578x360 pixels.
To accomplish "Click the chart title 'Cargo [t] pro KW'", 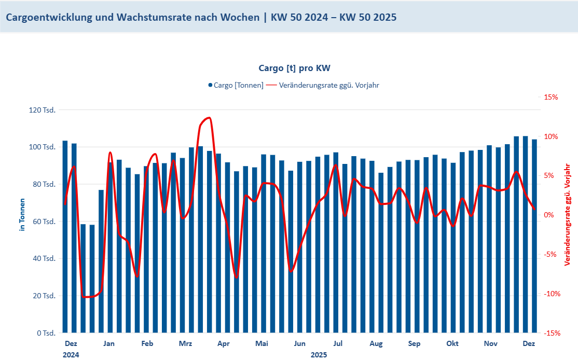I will pyautogui.click(x=295, y=68).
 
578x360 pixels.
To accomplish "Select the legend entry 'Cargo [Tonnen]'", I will pyautogui.click(x=238, y=85).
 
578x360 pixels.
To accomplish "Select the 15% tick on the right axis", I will pyautogui.click(x=551, y=97).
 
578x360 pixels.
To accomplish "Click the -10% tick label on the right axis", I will pyautogui.click(x=552, y=294).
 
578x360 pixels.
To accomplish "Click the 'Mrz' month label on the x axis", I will pyautogui.click(x=185, y=343).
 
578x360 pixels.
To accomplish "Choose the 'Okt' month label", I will pyautogui.click(x=452, y=343).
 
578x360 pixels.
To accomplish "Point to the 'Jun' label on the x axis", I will pyautogui.click(x=299, y=343).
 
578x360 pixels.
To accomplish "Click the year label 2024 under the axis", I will pyautogui.click(x=71, y=355).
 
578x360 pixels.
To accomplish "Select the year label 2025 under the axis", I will pyautogui.click(x=319, y=355).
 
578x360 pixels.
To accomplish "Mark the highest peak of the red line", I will pyautogui.click(x=208, y=118).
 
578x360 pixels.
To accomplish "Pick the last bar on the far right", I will pyautogui.click(x=534, y=236).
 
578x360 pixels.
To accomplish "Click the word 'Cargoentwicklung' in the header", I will pyautogui.click(x=50, y=17).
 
